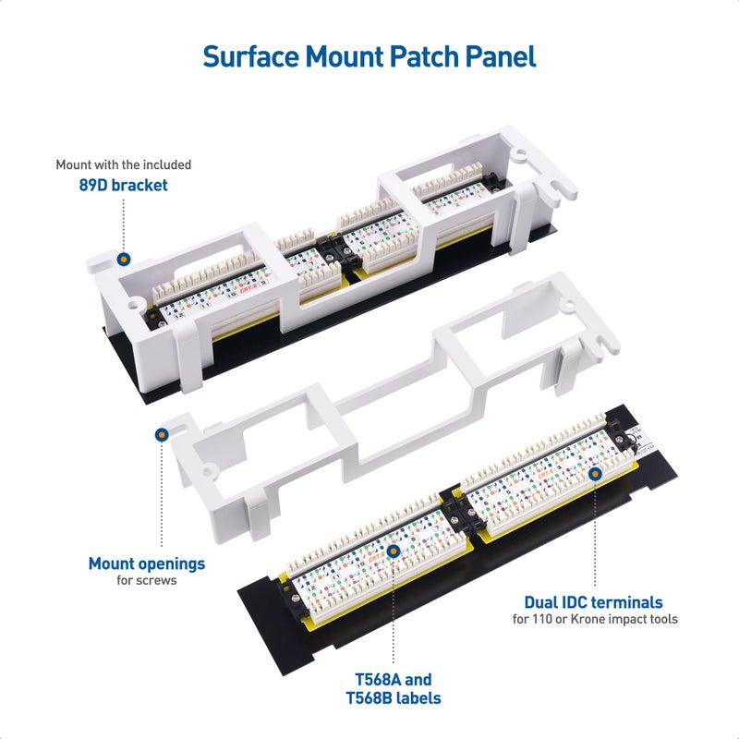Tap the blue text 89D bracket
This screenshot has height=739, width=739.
[x=123, y=185]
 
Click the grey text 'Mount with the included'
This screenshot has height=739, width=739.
[x=123, y=164]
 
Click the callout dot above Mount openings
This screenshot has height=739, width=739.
[x=162, y=432]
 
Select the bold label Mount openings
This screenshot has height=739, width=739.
[x=147, y=563]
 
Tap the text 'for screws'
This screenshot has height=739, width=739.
[x=147, y=581]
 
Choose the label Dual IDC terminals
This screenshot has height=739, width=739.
[x=593, y=602]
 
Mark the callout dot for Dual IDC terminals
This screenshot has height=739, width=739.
[x=594, y=473]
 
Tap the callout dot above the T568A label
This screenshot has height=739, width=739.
[x=394, y=551]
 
